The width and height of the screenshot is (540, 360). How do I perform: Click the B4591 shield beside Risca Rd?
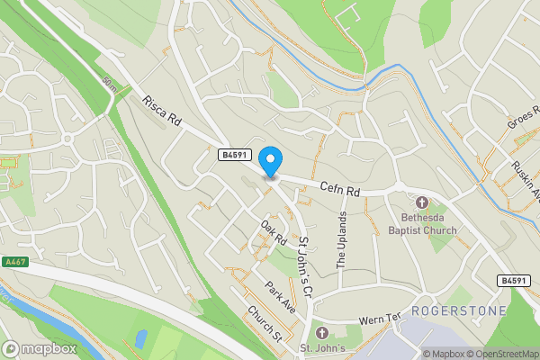235,155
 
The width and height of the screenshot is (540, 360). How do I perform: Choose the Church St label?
265,323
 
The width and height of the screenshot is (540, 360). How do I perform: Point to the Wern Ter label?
379,318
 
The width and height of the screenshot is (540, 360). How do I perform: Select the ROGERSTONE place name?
458,310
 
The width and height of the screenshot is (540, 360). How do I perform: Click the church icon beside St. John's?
310,333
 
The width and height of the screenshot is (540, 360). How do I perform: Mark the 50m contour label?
109,85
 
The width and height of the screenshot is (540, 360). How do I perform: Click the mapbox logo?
40,348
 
